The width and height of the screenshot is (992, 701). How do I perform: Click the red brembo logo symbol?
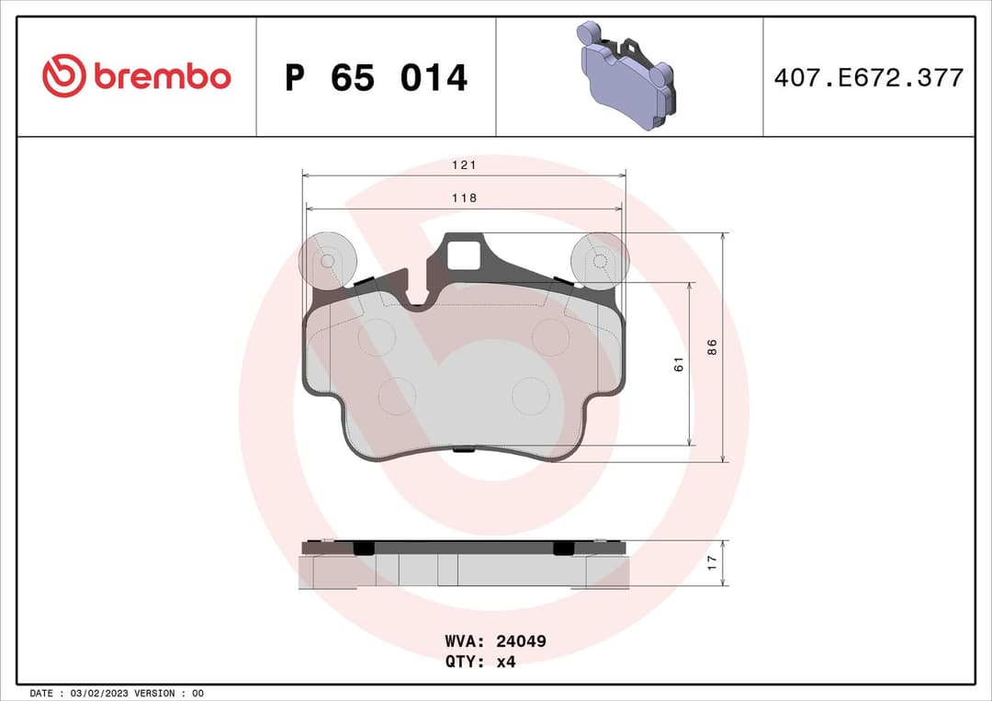63,76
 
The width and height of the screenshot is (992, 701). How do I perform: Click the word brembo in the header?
162,77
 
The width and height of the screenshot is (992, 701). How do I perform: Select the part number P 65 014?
376,78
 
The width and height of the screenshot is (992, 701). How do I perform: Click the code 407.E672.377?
868,78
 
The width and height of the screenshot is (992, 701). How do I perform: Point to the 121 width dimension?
464,164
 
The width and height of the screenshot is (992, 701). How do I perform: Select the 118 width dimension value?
464,198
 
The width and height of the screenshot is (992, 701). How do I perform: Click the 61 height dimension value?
680,364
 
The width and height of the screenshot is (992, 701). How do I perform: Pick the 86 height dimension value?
711,347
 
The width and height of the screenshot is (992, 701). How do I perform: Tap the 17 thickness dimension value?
711,563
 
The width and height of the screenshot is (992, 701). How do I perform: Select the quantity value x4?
505,661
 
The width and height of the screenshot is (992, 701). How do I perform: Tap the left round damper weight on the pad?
326,259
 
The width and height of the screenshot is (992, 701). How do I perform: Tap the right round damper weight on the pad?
599,259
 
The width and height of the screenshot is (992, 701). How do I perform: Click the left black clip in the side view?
364,548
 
